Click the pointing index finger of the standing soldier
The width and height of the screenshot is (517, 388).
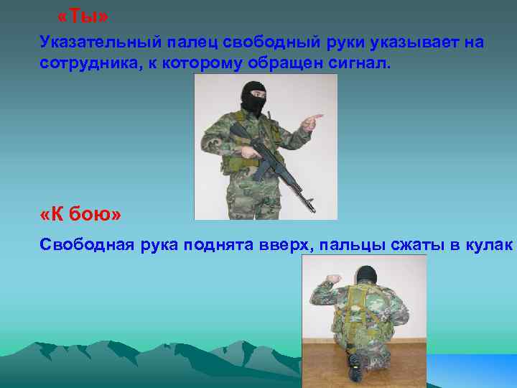(x=316, y=116)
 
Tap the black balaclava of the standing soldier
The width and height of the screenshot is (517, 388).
(x=253, y=98)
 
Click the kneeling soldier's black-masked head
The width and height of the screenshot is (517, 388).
(x=367, y=275)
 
